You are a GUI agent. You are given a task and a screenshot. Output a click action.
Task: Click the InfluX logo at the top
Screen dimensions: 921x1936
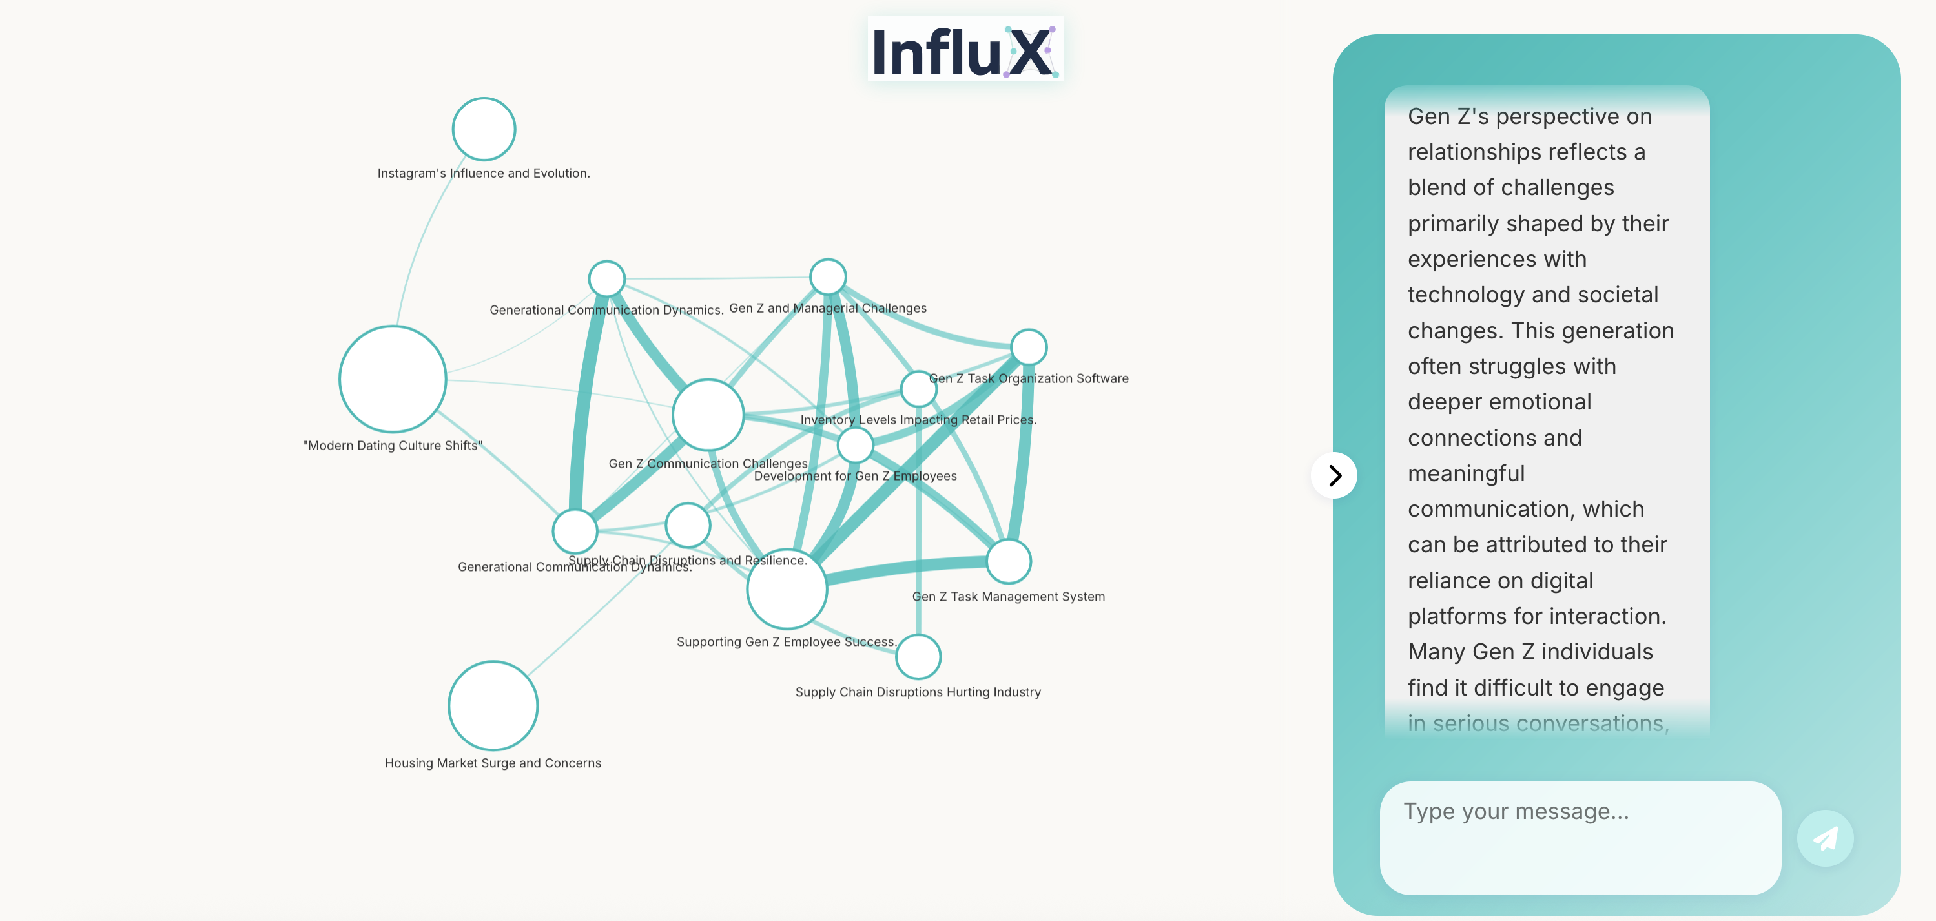click(x=965, y=50)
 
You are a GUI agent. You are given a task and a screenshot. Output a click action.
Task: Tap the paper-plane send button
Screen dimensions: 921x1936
click(x=1825, y=838)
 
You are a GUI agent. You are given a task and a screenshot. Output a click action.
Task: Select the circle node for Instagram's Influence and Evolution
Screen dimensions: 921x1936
click(x=484, y=129)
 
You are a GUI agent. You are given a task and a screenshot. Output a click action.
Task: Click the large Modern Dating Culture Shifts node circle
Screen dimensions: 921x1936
click(x=393, y=379)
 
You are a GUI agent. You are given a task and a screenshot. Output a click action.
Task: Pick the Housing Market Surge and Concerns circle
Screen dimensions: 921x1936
click(x=493, y=705)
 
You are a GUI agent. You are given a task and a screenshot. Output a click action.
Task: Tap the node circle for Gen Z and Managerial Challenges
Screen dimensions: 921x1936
click(x=827, y=276)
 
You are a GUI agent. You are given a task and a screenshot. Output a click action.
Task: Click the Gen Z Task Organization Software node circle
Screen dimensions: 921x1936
click(x=1028, y=347)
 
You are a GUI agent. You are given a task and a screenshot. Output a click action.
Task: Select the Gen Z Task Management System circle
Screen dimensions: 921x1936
click(x=1008, y=561)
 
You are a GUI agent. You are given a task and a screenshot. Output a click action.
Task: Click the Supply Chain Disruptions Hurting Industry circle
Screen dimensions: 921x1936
click(x=918, y=656)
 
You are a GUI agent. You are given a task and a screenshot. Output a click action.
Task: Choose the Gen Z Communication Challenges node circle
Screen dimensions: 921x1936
click(x=707, y=414)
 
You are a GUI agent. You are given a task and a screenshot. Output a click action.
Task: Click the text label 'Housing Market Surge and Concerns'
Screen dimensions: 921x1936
click(x=492, y=763)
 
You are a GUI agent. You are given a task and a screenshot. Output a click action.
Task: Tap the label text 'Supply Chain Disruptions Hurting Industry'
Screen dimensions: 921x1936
click(x=918, y=692)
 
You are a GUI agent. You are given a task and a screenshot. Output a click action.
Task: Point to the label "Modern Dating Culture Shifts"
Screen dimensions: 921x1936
click(x=393, y=445)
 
